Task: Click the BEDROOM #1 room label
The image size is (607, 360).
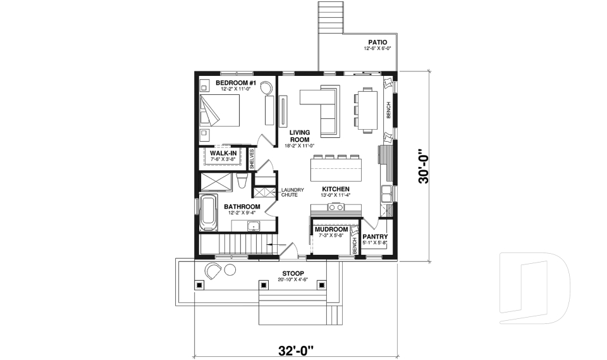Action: click(x=235, y=84)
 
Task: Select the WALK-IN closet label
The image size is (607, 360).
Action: click(x=223, y=153)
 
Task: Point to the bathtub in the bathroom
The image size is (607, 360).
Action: click(x=208, y=213)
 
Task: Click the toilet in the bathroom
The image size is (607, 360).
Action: click(x=241, y=182)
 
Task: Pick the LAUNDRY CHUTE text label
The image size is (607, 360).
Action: click(x=293, y=192)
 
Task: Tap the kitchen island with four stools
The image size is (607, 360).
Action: click(x=336, y=170)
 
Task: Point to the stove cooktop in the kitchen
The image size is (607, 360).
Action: click(x=335, y=208)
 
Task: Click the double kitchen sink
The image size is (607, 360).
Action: click(x=386, y=193)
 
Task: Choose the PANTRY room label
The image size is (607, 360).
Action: click(x=375, y=237)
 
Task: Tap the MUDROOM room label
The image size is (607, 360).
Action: click(x=331, y=230)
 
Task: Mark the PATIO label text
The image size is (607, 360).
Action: click(x=377, y=42)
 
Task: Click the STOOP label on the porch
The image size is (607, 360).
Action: click(x=293, y=274)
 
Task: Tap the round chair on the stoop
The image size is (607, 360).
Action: click(x=212, y=271)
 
